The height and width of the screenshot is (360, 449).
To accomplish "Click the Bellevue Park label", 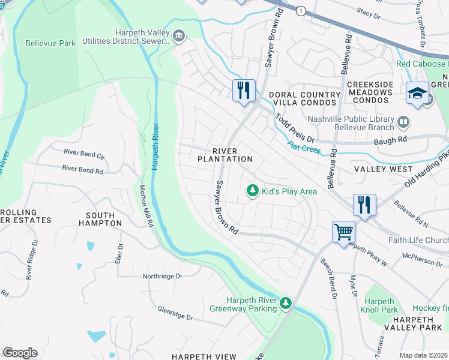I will point(51,43).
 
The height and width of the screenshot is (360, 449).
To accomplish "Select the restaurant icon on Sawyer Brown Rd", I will point(244,90).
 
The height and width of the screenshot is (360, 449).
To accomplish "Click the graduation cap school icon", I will point(417,92).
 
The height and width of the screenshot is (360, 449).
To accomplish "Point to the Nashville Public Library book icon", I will point(403,123).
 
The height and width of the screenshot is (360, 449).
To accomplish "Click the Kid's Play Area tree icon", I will point(253,190).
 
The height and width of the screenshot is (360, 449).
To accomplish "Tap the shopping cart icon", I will point(343,231).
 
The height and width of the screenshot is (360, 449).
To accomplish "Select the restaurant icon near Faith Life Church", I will point(364,204).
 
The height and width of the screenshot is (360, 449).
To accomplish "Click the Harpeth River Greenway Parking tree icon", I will point(287,304).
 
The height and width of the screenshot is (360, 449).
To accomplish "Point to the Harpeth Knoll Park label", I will point(381,305).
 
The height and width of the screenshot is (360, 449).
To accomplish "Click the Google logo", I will point(20,353).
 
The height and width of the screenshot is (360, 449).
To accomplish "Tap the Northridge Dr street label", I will point(162,277).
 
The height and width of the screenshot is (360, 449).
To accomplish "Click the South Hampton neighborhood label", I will point(104,219).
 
